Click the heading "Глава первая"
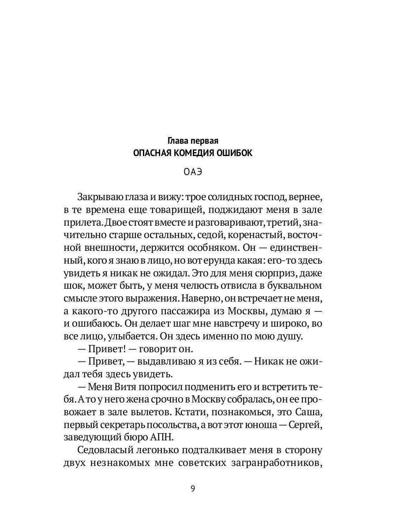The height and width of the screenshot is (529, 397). coord(193,141)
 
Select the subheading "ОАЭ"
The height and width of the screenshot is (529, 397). coord(193,172)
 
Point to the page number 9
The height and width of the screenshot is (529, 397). coord(193,488)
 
